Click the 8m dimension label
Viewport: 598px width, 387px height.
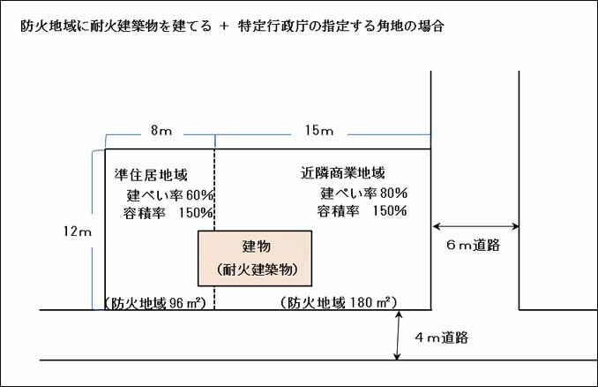pyautogui.click(x=161, y=130)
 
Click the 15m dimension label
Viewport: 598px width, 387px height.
pyautogui.click(x=318, y=130)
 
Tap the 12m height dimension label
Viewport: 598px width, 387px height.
pyautogui.click(x=78, y=231)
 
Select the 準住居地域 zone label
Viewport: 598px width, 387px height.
pyautogui.click(x=151, y=175)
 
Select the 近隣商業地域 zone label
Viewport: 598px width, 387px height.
pyautogui.click(x=342, y=173)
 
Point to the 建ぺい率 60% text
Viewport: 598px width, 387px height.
pyautogui.click(x=170, y=195)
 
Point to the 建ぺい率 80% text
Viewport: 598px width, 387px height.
pyautogui.click(x=364, y=193)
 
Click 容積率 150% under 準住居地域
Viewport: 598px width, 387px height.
pyautogui.click(x=168, y=213)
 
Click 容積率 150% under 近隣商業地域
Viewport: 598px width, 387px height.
pyautogui.click(x=362, y=210)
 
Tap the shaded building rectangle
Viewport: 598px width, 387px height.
pyautogui.click(x=255, y=258)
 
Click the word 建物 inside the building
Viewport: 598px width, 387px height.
pyautogui.click(x=257, y=246)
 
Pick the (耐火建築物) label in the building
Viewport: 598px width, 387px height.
pyautogui.click(x=257, y=269)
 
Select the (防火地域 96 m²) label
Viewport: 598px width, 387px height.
pyautogui.click(x=155, y=303)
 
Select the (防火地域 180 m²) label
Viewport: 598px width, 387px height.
pyautogui.click(x=339, y=302)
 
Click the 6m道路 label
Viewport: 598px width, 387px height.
pyautogui.click(x=473, y=245)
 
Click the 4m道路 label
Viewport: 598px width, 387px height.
pyautogui.click(x=442, y=338)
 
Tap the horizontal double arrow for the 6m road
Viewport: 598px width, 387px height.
pyautogui.click(x=475, y=226)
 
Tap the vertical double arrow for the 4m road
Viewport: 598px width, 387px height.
pyautogui.click(x=398, y=336)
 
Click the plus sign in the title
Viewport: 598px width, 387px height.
pyautogui.click(x=224, y=26)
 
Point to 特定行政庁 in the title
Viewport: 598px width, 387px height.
pyautogui.click(x=272, y=26)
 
